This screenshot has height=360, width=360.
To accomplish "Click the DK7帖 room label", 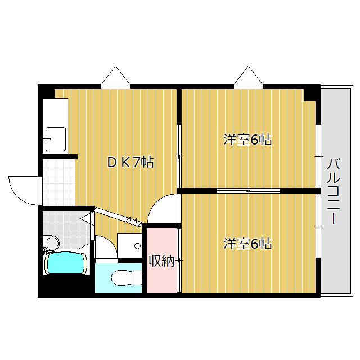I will tap(130, 163).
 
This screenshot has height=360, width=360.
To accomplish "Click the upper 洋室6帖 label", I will tap(247, 139).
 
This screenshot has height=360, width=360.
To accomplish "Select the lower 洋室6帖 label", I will tap(247, 244).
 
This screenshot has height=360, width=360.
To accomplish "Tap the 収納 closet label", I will tap(161, 261).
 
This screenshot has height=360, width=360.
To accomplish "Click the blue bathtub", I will tap(66, 263).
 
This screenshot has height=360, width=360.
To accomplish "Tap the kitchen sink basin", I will tap(55, 138).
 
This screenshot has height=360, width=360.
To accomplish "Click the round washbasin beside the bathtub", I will tap(52, 244).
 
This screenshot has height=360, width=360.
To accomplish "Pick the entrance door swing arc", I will tap(22, 188).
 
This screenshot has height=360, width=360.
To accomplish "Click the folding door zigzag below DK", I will tap(133, 222).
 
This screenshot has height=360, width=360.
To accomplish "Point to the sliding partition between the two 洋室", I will tap(249, 191).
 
